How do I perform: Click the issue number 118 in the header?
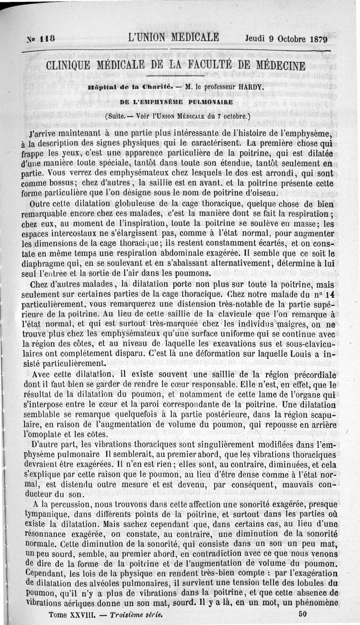point(46,39)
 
